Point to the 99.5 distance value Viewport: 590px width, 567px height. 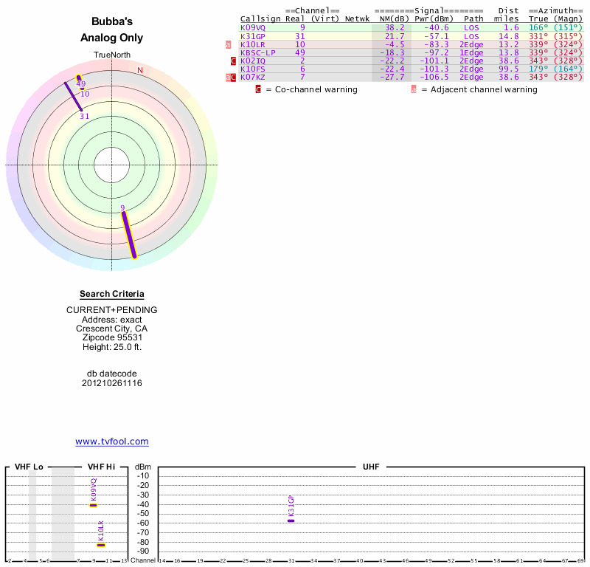(510, 69)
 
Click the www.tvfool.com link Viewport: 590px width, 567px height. (112, 441)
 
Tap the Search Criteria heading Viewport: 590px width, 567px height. (112, 294)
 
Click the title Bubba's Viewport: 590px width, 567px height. (112, 22)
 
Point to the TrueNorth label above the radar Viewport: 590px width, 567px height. (112, 55)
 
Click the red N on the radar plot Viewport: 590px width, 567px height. (140, 70)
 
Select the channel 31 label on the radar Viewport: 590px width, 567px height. (85, 116)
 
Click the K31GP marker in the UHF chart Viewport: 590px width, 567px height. (291, 520)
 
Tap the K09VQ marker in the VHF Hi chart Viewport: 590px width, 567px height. (94, 505)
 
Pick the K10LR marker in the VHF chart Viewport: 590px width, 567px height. (101, 544)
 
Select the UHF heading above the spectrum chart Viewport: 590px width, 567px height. (371, 467)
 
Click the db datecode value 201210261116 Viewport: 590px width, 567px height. (112, 383)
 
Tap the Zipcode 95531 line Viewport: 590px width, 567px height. (112, 337)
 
